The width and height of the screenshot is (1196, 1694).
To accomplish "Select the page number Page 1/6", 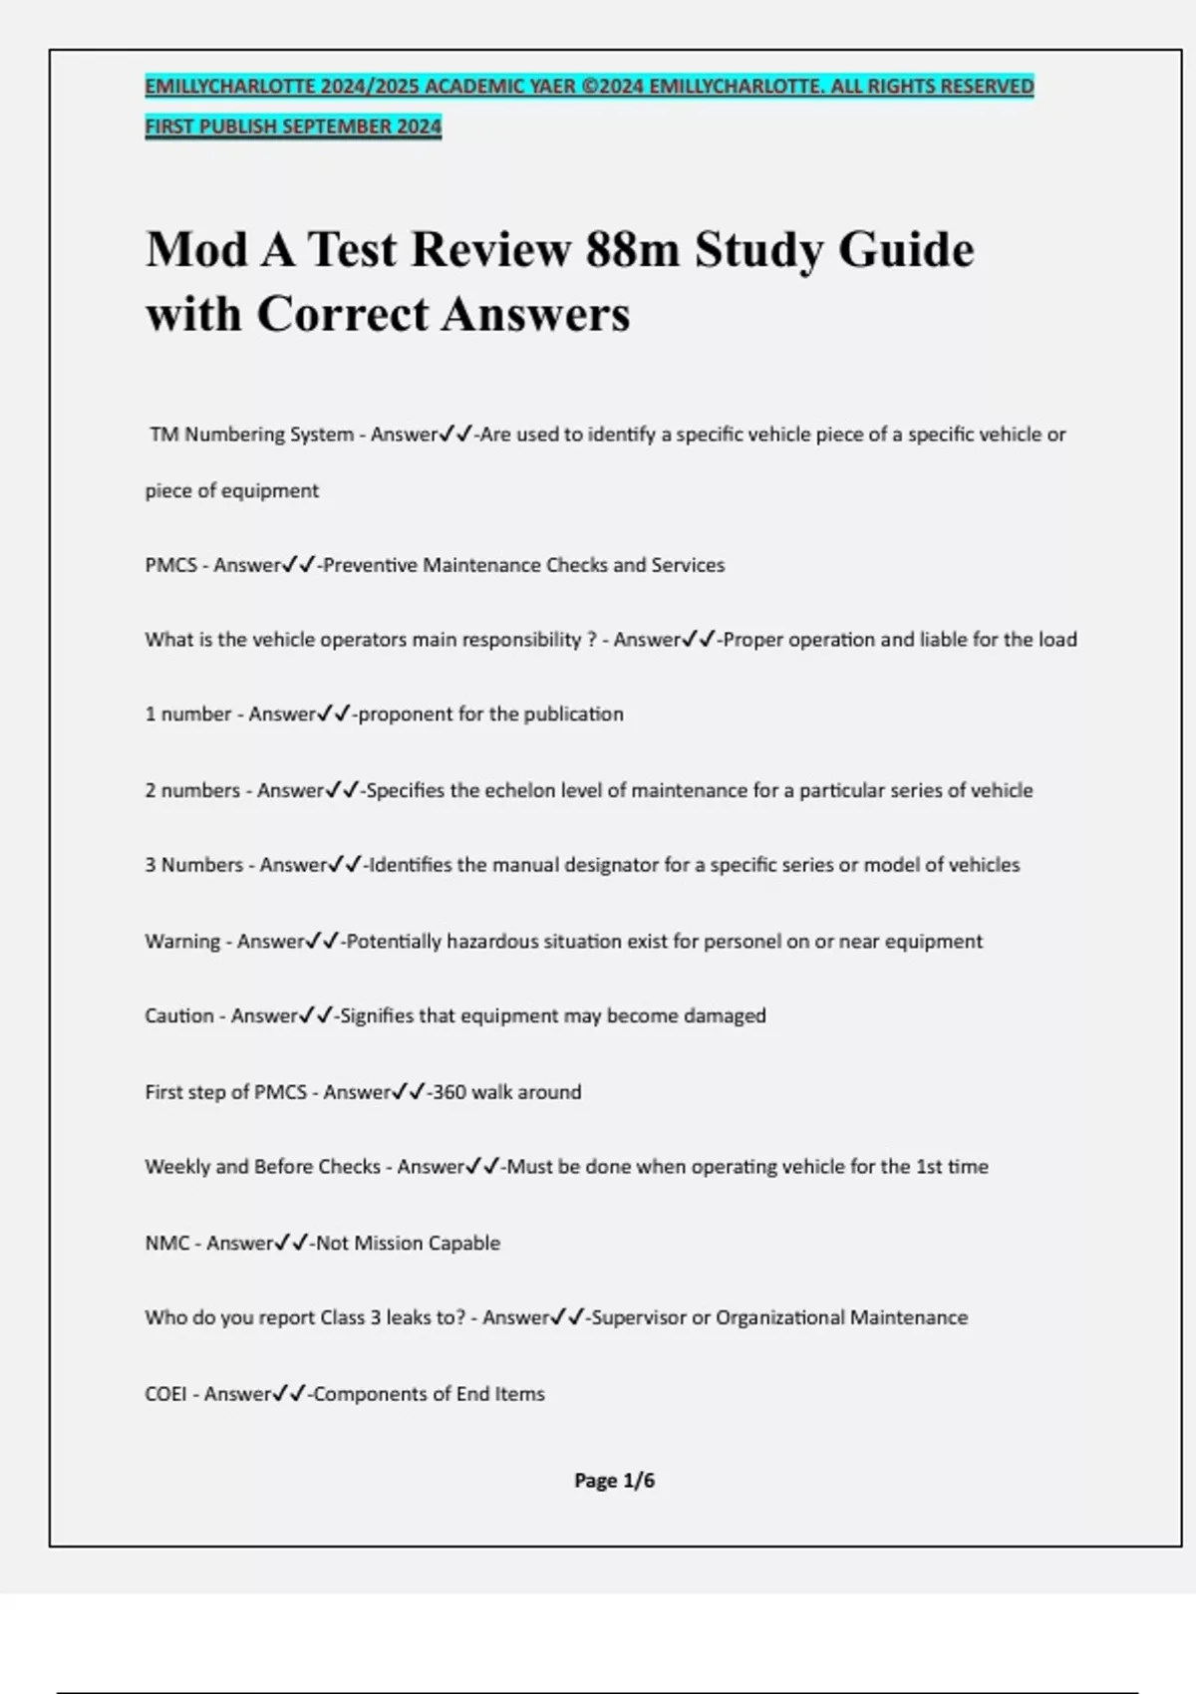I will click(614, 1481).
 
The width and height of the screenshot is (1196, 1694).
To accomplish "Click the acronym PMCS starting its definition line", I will click(170, 565).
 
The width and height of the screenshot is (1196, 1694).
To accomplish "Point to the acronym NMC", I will click(166, 1243).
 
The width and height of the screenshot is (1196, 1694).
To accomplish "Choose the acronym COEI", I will click(165, 1394).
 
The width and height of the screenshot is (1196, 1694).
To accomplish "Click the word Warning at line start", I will click(182, 941).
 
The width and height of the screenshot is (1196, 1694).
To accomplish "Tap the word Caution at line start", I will click(179, 1015).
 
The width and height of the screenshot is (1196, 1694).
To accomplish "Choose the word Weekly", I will click(176, 1166).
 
